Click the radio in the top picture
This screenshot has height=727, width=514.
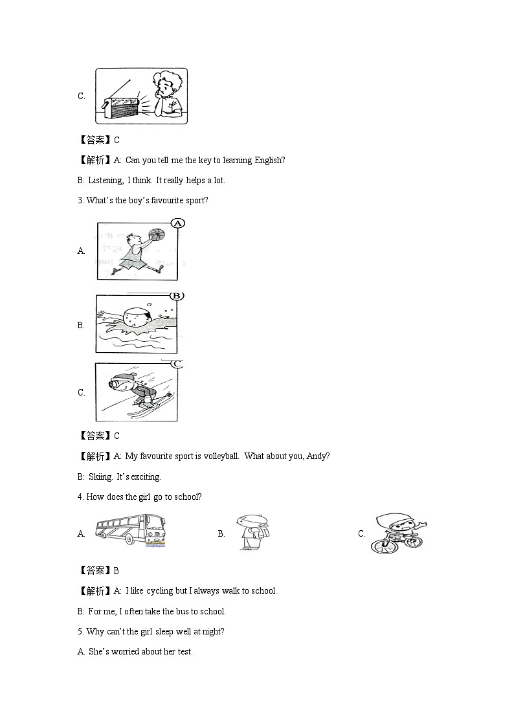coord(121,104)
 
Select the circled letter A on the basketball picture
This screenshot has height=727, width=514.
coord(178,223)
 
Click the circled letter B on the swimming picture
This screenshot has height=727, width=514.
coord(176,296)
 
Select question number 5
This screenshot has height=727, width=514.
coord(80,631)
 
